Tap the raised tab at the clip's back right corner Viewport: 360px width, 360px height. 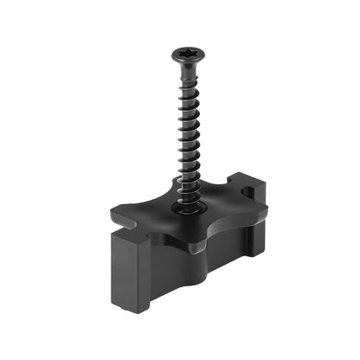[x=257, y=185]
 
